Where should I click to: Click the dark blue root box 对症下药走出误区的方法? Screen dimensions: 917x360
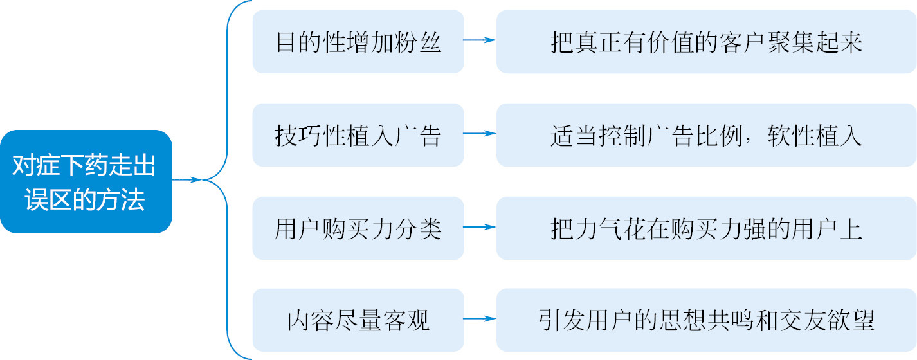(86, 182)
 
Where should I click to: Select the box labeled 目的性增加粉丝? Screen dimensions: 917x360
(358, 42)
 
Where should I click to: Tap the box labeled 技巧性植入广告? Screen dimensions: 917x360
(358, 135)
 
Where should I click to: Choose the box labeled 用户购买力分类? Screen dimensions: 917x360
(358, 228)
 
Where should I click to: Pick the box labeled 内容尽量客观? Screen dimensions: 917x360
(358, 320)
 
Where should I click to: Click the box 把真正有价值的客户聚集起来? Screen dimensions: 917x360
(706, 42)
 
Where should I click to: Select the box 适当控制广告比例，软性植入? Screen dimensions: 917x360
(706, 135)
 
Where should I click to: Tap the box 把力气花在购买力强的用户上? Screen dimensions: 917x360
(706, 228)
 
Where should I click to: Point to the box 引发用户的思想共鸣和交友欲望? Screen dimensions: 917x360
(706, 320)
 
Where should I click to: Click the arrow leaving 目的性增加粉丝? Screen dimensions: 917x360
(480, 40)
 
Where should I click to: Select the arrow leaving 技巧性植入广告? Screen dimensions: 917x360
(480, 133)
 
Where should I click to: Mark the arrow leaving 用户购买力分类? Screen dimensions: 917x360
(480, 227)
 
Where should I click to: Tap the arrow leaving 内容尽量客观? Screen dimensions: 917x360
(480, 319)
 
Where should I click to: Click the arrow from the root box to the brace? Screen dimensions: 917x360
(187, 179)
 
